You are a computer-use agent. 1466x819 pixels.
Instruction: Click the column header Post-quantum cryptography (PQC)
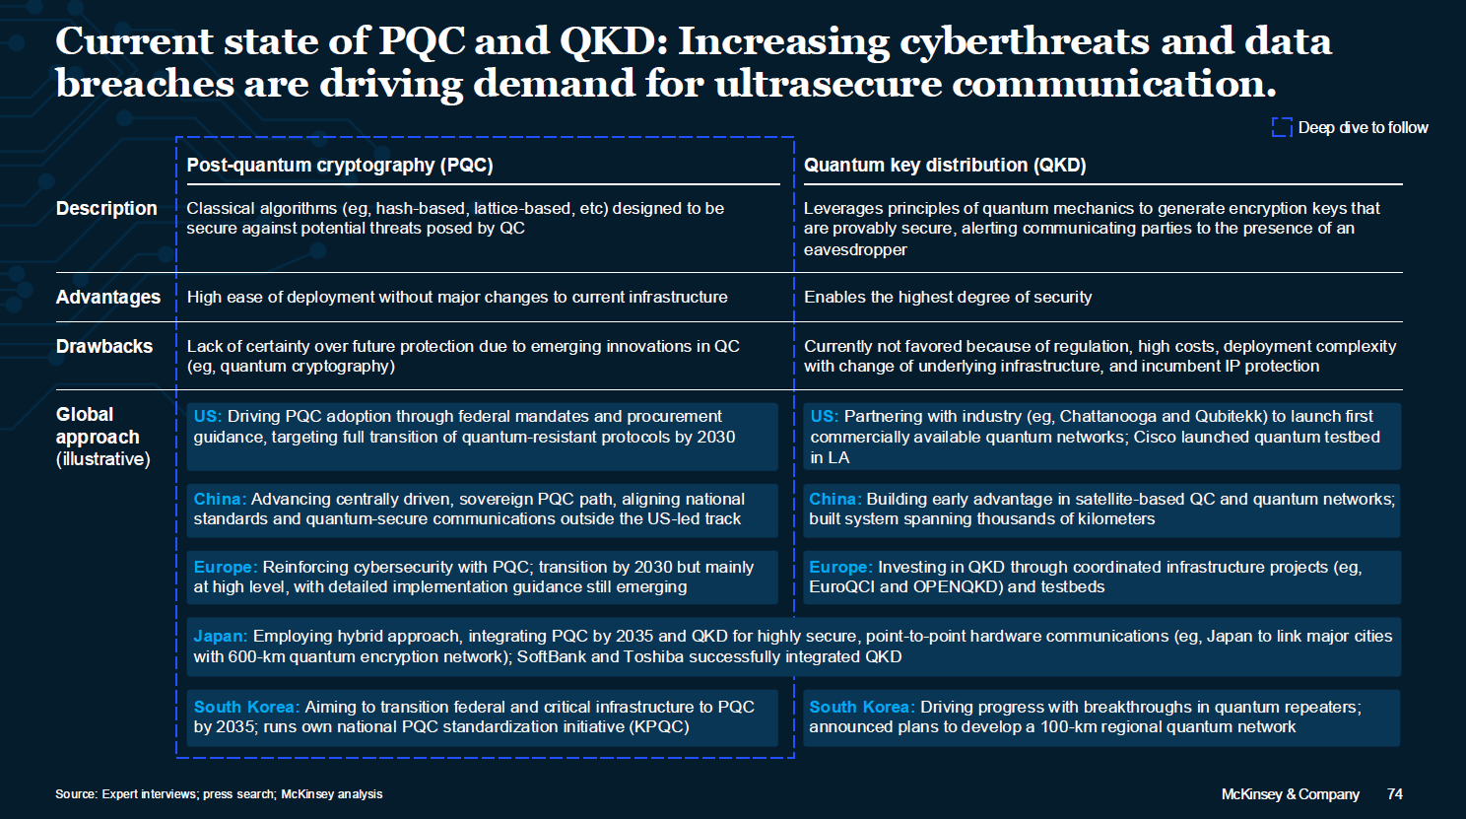click(340, 165)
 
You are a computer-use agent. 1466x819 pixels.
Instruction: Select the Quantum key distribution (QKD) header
click(945, 165)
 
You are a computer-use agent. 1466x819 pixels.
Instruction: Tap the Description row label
click(106, 208)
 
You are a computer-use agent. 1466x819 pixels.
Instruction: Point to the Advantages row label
click(108, 297)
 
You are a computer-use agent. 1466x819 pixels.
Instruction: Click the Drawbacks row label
click(104, 346)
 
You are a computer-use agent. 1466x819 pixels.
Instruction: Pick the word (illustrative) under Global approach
click(102, 459)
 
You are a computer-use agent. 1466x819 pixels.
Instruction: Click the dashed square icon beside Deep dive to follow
click(1282, 128)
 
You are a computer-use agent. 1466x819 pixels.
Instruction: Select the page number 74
click(1395, 794)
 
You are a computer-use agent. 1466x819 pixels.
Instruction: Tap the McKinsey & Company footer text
click(1290, 794)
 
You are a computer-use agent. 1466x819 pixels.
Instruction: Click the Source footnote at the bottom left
click(219, 794)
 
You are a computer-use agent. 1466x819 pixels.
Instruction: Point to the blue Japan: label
click(221, 636)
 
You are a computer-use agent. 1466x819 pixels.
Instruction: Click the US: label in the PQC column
click(208, 416)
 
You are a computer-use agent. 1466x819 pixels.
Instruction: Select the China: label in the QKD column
click(835, 499)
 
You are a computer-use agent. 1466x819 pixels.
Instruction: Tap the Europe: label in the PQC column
click(226, 567)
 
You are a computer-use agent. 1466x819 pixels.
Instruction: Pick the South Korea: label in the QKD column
click(862, 707)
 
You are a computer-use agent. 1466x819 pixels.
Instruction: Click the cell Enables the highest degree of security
click(948, 297)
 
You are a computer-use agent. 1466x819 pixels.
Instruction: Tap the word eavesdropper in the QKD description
click(855, 249)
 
